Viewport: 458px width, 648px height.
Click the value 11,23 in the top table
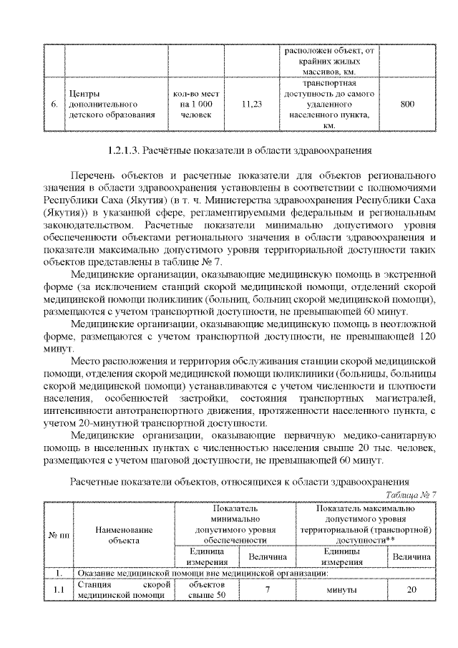click(x=252, y=105)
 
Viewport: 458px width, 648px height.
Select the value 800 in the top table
click(x=407, y=105)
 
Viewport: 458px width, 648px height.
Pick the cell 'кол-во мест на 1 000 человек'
click(x=195, y=105)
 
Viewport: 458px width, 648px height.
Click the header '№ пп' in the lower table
click(x=59, y=535)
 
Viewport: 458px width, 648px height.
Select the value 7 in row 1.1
click(x=266, y=590)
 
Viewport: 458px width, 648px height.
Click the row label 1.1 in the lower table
click(x=59, y=590)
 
